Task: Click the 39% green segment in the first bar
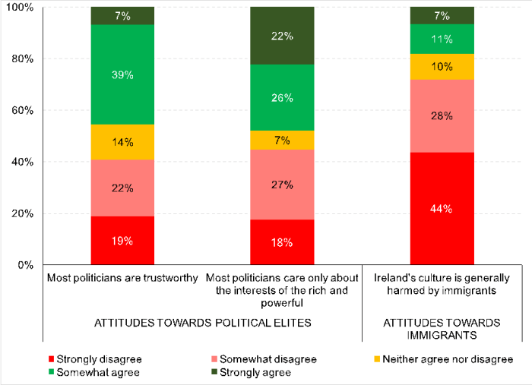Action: coord(122,74)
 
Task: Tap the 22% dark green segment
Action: coord(282,36)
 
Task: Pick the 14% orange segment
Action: coord(122,142)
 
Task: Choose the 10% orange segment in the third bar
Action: coord(442,66)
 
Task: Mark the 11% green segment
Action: coord(442,39)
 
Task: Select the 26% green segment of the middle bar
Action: coord(282,97)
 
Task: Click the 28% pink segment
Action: coord(442,115)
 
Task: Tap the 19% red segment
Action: coord(122,241)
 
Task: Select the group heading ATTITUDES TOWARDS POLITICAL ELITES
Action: coord(201,322)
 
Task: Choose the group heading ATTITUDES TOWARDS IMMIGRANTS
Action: coord(441,328)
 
